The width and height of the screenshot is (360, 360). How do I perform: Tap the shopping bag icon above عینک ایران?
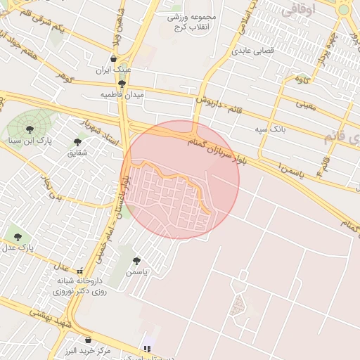click(x=115, y=59)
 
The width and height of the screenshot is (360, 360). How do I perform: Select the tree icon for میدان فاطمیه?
click(x=122, y=84)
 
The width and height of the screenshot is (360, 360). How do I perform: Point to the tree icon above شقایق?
click(x=77, y=142)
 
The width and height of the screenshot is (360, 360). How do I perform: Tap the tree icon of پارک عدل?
click(x=18, y=237)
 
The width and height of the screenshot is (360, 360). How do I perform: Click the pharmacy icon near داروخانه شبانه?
click(x=80, y=271)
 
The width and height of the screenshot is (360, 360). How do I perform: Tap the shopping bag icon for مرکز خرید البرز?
click(x=88, y=340)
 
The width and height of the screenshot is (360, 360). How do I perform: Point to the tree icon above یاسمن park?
click(x=136, y=261)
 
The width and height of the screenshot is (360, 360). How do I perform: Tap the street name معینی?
click(x=306, y=105)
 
